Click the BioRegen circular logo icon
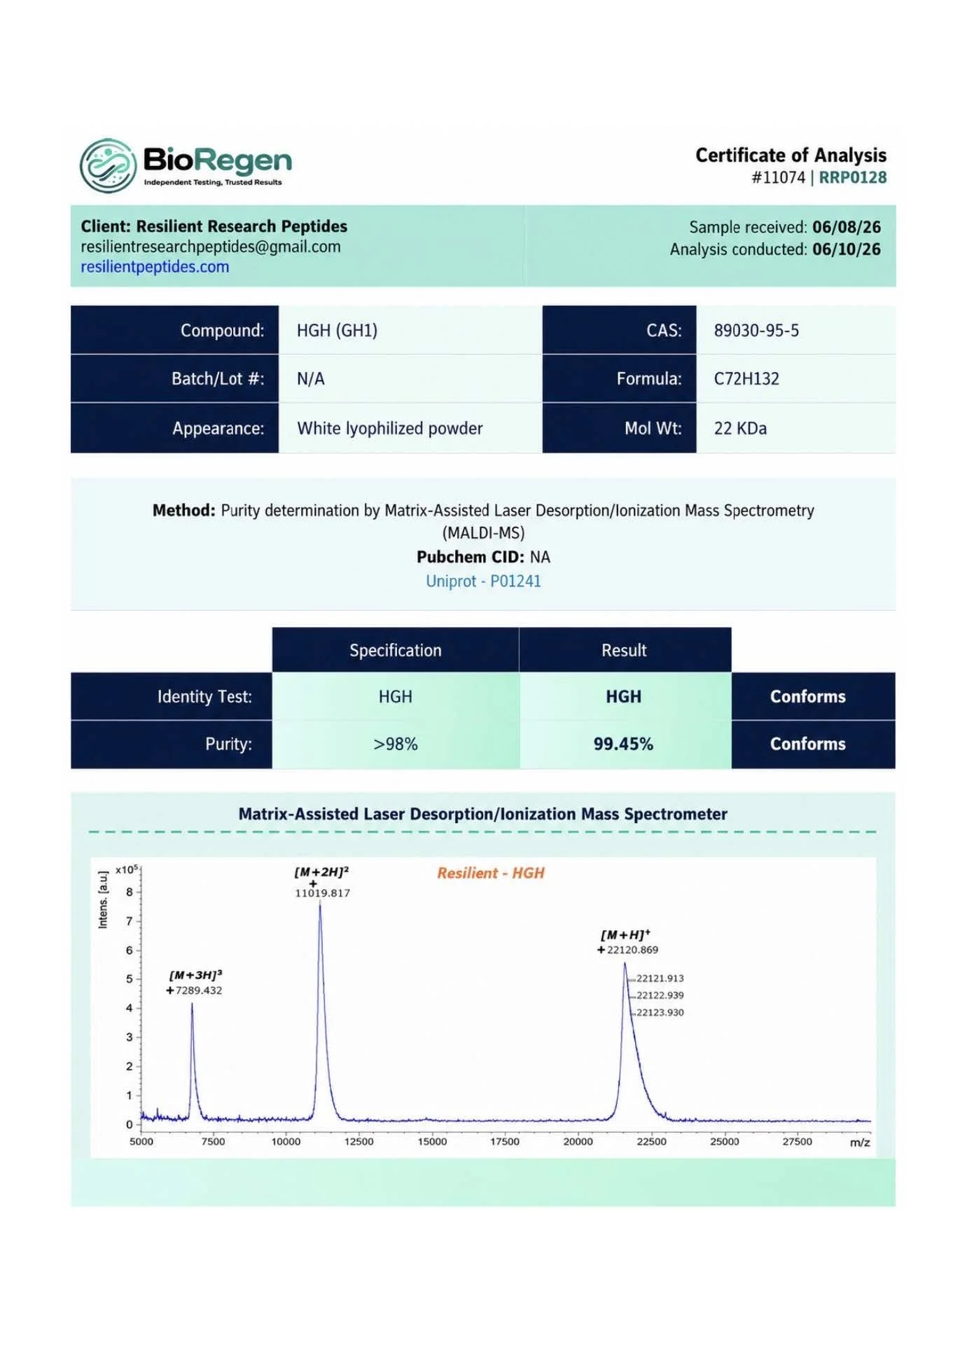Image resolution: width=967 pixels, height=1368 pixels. pos(108,165)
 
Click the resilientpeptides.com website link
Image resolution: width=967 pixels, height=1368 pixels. pos(155,267)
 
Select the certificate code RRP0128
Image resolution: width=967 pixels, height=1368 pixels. pos(852,177)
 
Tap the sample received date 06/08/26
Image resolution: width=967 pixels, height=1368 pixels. pos(847,227)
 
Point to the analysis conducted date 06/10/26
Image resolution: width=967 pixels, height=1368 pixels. pos(847,249)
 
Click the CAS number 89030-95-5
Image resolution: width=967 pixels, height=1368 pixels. pos(756,331)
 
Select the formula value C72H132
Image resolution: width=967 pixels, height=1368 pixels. pos(746,379)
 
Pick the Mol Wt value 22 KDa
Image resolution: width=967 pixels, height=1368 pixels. pos(740,428)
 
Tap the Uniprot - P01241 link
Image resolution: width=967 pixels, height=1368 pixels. pos(483,581)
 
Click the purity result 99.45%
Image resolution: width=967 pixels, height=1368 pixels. pos(623,744)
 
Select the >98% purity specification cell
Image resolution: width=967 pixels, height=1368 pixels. pos(396,744)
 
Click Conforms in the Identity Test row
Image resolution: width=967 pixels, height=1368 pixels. pos(808,696)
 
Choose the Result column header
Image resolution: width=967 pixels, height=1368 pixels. pos(624,650)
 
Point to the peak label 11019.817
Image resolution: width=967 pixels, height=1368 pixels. pos(322,893)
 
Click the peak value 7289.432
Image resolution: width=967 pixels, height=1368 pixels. pos(199,990)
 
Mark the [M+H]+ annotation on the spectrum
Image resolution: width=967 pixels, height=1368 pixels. pos(625,935)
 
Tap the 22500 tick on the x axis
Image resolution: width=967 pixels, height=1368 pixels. pos(651,1142)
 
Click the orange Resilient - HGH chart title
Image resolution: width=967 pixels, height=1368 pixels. pos(491,873)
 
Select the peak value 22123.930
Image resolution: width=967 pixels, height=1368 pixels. pos(660,1012)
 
